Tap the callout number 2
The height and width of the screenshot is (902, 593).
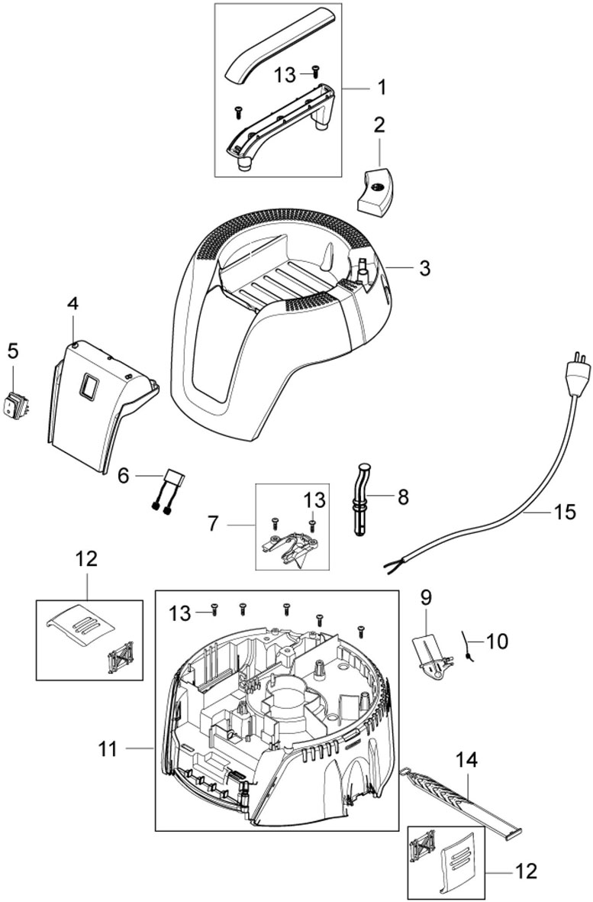tap(379, 124)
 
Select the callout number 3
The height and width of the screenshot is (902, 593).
tap(424, 267)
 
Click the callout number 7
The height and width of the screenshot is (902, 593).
tap(213, 524)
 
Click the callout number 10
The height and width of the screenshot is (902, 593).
tap(498, 640)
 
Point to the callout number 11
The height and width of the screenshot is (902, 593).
tap(108, 749)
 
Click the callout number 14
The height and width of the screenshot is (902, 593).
tap(466, 760)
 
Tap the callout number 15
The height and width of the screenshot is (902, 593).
tap(565, 512)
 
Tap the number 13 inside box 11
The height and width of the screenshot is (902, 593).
tap(179, 613)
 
